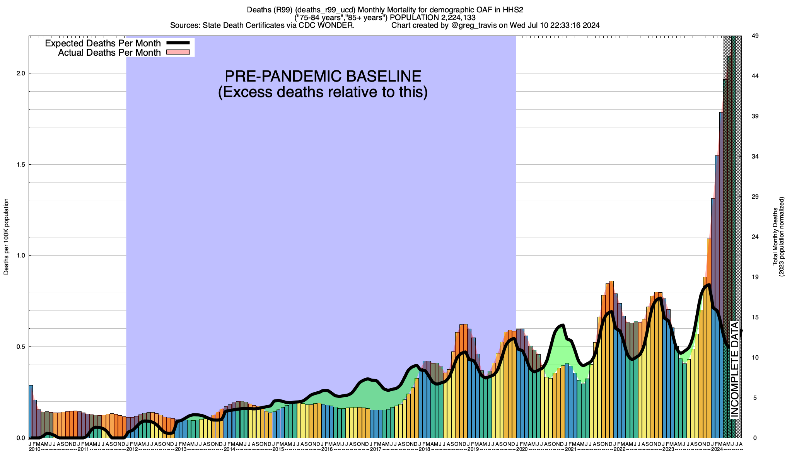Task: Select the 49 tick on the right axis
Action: tap(754, 36)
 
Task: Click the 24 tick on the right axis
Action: tap(754, 237)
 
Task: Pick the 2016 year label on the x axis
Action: tap(327, 449)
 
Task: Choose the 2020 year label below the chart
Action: tap(522, 449)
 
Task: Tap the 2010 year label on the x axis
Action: tap(34, 449)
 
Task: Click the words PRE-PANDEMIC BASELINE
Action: tap(323, 76)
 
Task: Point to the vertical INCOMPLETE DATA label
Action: tap(734, 369)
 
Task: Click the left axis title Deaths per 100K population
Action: tap(6, 237)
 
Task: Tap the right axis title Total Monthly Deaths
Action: tap(775, 237)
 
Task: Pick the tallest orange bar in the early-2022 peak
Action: tap(611, 360)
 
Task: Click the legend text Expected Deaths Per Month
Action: tap(103, 43)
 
